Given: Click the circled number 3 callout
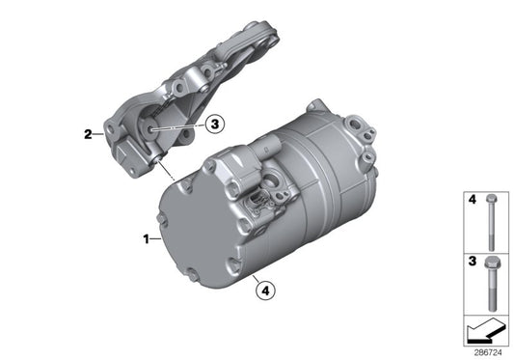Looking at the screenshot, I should [x=215, y=124].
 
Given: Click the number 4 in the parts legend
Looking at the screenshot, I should [x=472, y=200].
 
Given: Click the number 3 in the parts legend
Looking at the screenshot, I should [x=472, y=262].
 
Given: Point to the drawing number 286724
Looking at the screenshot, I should [x=491, y=351].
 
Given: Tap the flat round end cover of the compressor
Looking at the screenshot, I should [x=186, y=232].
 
